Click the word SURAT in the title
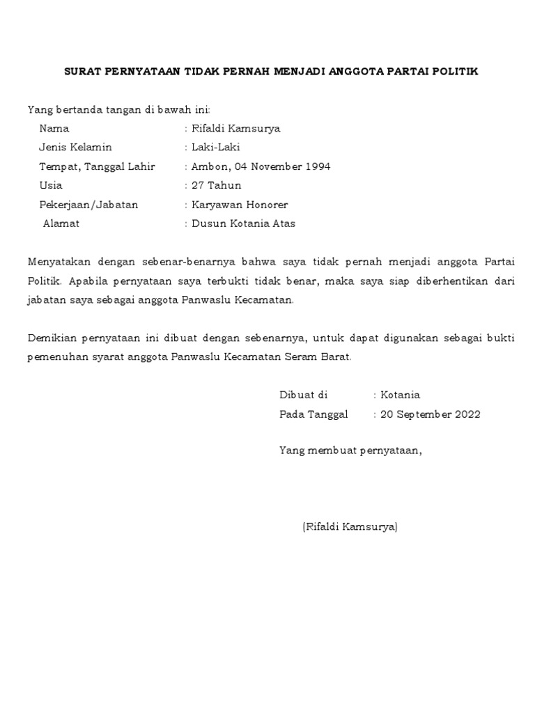click(82, 72)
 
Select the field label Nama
click(54, 129)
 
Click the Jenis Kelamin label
click(75, 148)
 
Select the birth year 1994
click(317, 166)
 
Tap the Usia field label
click(51, 185)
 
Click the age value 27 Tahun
click(217, 185)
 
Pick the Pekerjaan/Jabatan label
click(88, 205)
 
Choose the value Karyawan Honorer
click(240, 205)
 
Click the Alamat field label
click(61, 224)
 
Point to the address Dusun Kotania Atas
click(243, 224)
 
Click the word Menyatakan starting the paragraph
click(58, 262)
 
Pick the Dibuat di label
click(303, 395)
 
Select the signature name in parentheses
click(350, 527)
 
